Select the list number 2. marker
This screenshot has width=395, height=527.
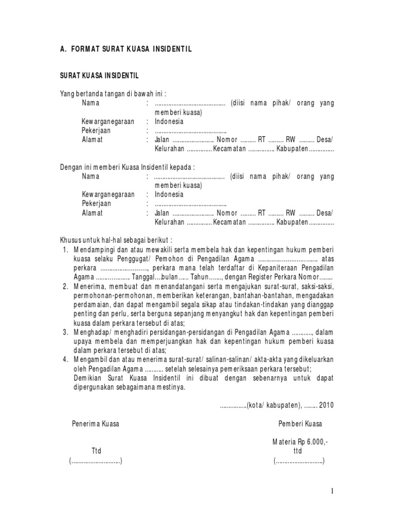[x=65, y=286]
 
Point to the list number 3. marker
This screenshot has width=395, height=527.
[x=65, y=332]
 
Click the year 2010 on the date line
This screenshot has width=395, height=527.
[x=327, y=405]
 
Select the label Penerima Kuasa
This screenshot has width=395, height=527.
[x=95, y=424]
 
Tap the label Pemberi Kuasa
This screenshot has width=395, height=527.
[x=300, y=424]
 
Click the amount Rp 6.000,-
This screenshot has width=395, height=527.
[x=313, y=442]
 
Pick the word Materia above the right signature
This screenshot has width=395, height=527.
[x=284, y=442]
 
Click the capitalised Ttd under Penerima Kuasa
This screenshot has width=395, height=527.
[x=97, y=451]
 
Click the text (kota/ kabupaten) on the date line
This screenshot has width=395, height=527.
[x=273, y=405]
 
